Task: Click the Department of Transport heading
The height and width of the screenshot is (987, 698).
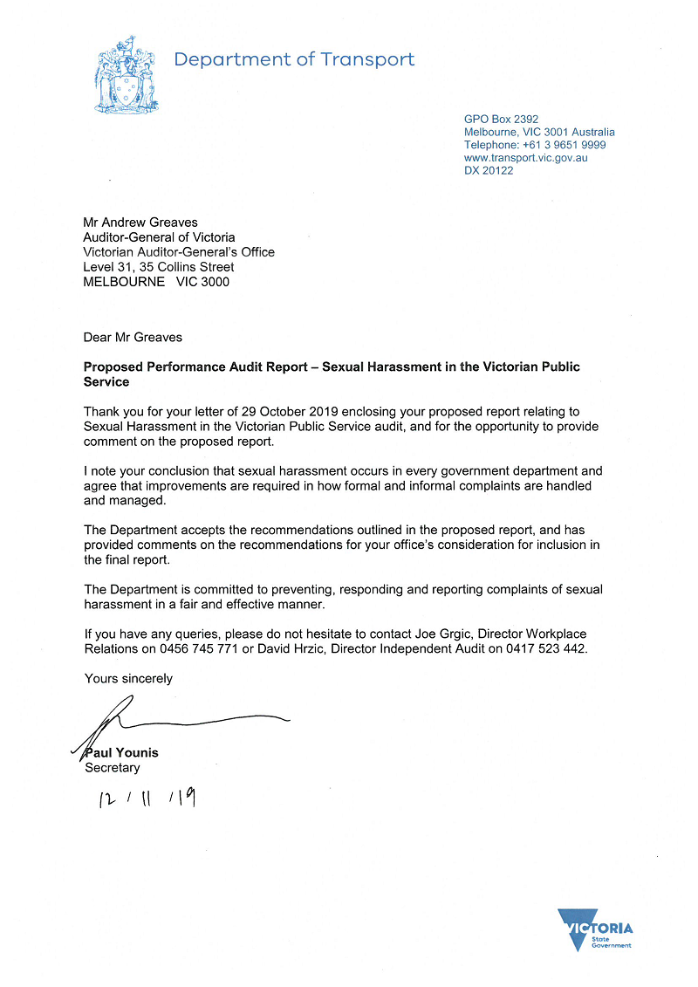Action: pyautogui.click(x=294, y=59)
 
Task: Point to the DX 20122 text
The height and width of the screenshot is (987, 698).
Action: pyautogui.click(x=489, y=171)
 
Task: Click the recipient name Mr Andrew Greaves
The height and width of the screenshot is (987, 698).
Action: pyautogui.click(x=140, y=223)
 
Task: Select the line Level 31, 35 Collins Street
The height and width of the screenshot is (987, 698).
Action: pyautogui.click(x=158, y=267)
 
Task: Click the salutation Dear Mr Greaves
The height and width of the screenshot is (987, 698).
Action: pyautogui.click(x=133, y=337)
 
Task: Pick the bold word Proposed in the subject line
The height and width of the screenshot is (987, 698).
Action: pyautogui.click(x=113, y=367)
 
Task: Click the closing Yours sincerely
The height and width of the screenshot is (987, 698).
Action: pyautogui.click(x=128, y=678)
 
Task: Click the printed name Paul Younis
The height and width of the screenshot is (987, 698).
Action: pyautogui.click(x=121, y=752)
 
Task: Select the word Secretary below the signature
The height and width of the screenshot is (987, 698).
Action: pyautogui.click(x=112, y=768)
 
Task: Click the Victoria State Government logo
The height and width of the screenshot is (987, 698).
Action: pyautogui.click(x=595, y=929)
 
